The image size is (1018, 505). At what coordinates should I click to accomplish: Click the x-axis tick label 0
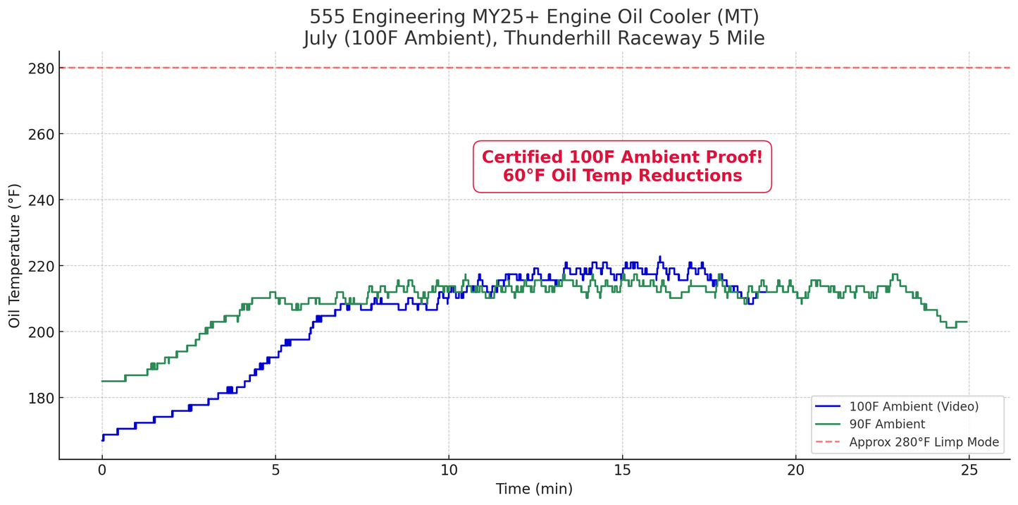click(102, 470)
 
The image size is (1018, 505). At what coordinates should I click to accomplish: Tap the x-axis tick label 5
click(275, 470)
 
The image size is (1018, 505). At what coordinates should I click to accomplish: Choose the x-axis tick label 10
click(449, 470)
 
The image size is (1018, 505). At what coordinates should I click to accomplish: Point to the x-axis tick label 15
click(622, 470)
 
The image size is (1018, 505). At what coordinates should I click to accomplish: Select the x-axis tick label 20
click(795, 470)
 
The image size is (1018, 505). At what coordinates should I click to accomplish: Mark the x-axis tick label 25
click(969, 470)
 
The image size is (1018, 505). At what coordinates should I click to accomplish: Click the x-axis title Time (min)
click(534, 489)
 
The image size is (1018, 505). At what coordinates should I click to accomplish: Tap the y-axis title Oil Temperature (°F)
click(15, 255)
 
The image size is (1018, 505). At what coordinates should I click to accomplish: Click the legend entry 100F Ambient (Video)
click(914, 406)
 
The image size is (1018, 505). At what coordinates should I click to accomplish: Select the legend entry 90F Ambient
click(887, 424)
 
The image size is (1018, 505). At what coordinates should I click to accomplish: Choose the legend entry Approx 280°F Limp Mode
click(924, 442)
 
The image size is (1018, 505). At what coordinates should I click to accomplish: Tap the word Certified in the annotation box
click(522, 157)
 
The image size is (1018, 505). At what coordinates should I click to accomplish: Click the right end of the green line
click(967, 322)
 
